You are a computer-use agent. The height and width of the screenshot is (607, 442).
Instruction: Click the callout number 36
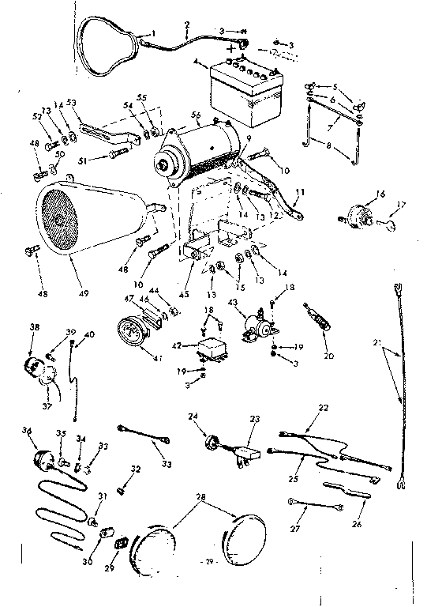pyautogui.click(x=28, y=430)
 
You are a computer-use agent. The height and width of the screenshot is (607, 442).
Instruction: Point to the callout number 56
pyautogui.click(x=195, y=115)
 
